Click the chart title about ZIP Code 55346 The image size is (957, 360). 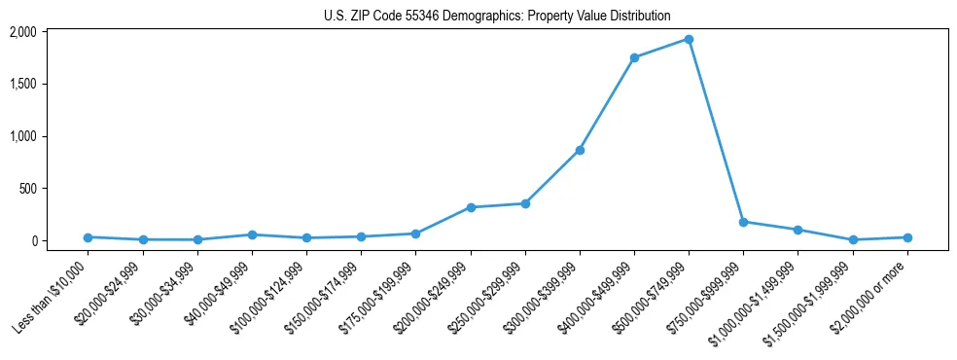click(x=497, y=16)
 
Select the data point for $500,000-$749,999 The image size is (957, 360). click(x=689, y=40)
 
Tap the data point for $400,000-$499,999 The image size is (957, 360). click(x=634, y=57)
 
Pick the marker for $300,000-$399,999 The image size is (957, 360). click(x=580, y=150)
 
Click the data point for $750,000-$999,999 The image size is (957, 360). click(x=743, y=222)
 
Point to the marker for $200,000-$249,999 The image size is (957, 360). click(x=471, y=207)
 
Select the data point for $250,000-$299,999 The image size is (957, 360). click(x=525, y=203)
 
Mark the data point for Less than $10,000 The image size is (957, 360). click(x=89, y=237)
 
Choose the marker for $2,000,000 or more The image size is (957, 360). click(x=907, y=237)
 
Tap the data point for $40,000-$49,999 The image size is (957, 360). click(x=252, y=234)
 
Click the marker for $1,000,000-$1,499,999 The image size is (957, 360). click(x=797, y=230)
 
